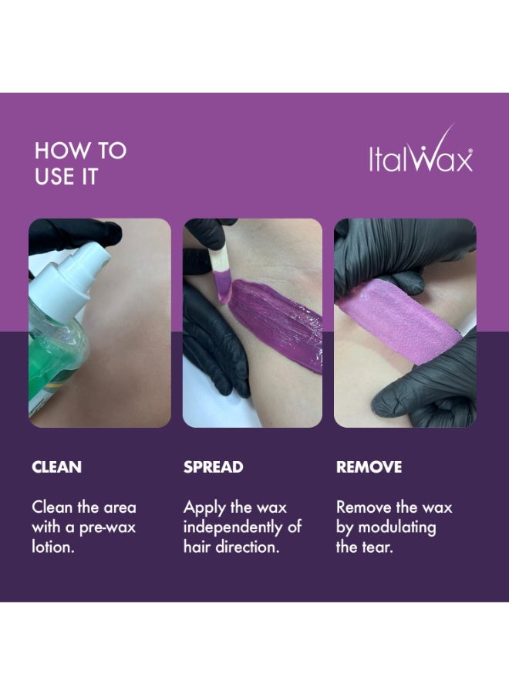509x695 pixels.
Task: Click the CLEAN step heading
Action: coord(56,467)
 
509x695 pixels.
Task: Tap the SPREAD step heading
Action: coord(214,467)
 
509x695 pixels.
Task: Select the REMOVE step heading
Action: coord(369,467)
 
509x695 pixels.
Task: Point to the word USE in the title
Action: coord(53,176)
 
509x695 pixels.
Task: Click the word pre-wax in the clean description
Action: coord(107,528)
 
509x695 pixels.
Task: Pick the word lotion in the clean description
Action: coord(53,547)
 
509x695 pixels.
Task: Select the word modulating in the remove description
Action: coord(397,528)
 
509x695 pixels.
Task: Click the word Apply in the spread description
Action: coord(204,508)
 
